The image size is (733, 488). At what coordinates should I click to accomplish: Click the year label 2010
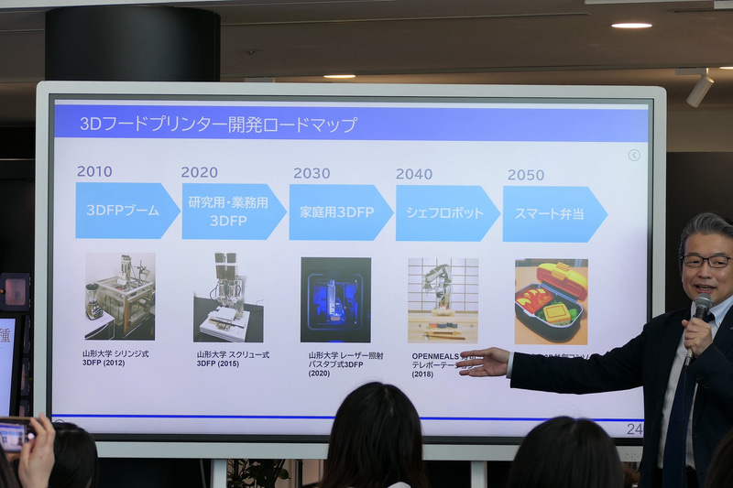(x=94, y=171)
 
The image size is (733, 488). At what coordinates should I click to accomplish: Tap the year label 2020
(x=199, y=172)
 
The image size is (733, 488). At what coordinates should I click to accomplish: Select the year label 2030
(x=312, y=173)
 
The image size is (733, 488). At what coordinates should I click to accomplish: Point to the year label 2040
(x=414, y=174)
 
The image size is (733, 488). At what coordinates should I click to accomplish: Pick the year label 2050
(x=526, y=175)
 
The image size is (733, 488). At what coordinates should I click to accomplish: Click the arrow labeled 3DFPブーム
(x=126, y=211)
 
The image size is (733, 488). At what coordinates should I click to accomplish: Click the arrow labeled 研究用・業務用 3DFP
(x=232, y=211)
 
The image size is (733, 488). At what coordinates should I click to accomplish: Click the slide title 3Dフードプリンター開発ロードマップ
(x=218, y=124)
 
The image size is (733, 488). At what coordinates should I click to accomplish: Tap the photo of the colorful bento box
(x=551, y=301)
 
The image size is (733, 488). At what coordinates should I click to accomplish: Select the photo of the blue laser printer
(x=335, y=299)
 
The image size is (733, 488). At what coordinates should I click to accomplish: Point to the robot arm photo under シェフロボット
(x=443, y=299)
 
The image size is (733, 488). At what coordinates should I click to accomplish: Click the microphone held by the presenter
(x=701, y=308)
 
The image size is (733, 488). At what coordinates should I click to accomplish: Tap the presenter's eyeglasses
(x=706, y=261)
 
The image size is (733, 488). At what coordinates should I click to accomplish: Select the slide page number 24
(x=634, y=428)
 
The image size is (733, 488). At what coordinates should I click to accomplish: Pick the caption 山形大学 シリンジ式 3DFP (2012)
(x=115, y=357)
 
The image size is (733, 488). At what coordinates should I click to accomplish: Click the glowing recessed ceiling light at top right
(x=631, y=25)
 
